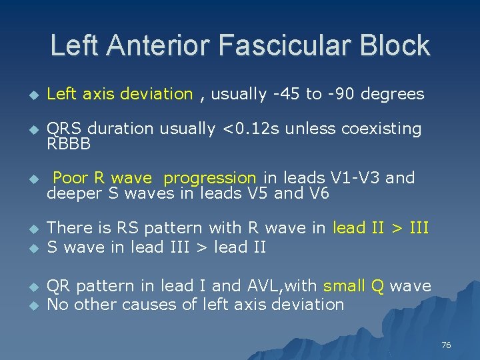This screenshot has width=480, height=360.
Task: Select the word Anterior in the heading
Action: tap(172, 46)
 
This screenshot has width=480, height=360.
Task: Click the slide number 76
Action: tap(446, 345)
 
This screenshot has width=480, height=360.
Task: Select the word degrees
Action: tap(393, 94)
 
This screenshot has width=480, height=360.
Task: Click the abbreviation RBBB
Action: tap(69, 143)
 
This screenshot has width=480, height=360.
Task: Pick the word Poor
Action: tap(70, 178)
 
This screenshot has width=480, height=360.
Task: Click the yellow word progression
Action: tap(210, 178)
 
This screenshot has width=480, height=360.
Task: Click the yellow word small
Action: tap(344, 287)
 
